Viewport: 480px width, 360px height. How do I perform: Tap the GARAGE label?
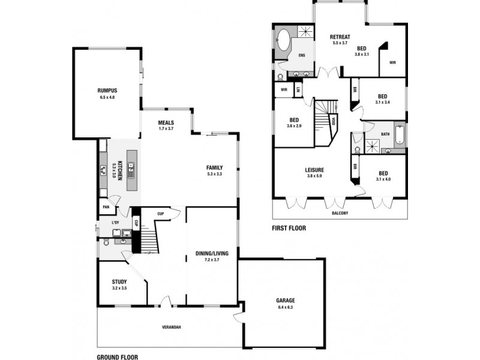285,301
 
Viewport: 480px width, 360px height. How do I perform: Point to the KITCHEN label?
120,170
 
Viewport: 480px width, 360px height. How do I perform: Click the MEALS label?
166,122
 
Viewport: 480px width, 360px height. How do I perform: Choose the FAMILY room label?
214,167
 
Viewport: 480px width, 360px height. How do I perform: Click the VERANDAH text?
172,327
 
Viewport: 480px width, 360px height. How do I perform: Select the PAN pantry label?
106,207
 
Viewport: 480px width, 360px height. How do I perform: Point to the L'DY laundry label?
115,223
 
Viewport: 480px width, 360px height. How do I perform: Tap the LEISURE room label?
314,170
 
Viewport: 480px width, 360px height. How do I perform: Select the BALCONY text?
340,213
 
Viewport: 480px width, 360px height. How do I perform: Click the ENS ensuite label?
301,55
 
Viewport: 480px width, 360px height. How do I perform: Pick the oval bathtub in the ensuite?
283,43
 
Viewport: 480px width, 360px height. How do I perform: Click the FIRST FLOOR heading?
289,228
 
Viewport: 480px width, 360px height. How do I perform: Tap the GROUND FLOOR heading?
118,356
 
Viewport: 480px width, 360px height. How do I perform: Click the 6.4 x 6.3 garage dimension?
285,307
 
